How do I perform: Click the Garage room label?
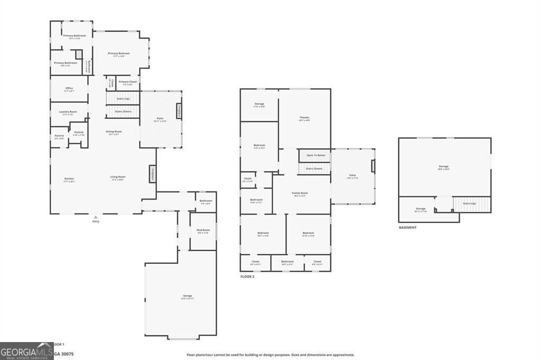(x=188, y=296)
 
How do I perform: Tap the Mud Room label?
(x=203, y=230)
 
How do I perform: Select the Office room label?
(x=69, y=88)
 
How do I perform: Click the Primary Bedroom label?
(x=119, y=53)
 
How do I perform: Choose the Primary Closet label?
(x=127, y=82)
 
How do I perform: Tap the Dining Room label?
(x=114, y=131)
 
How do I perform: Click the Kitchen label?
(x=69, y=179)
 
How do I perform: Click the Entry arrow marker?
(x=96, y=217)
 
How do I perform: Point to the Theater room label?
(x=304, y=118)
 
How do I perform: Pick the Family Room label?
(x=300, y=193)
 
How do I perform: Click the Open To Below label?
(x=315, y=155)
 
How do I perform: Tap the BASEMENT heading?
(x=408, y=228)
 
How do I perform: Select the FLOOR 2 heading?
(x=247, y=277)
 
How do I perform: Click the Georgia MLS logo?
(x=26, y=351)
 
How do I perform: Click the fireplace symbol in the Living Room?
(x=153, y=174)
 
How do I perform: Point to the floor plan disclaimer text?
(x=270, y=355)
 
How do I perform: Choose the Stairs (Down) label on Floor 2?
(x=315, y=168)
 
